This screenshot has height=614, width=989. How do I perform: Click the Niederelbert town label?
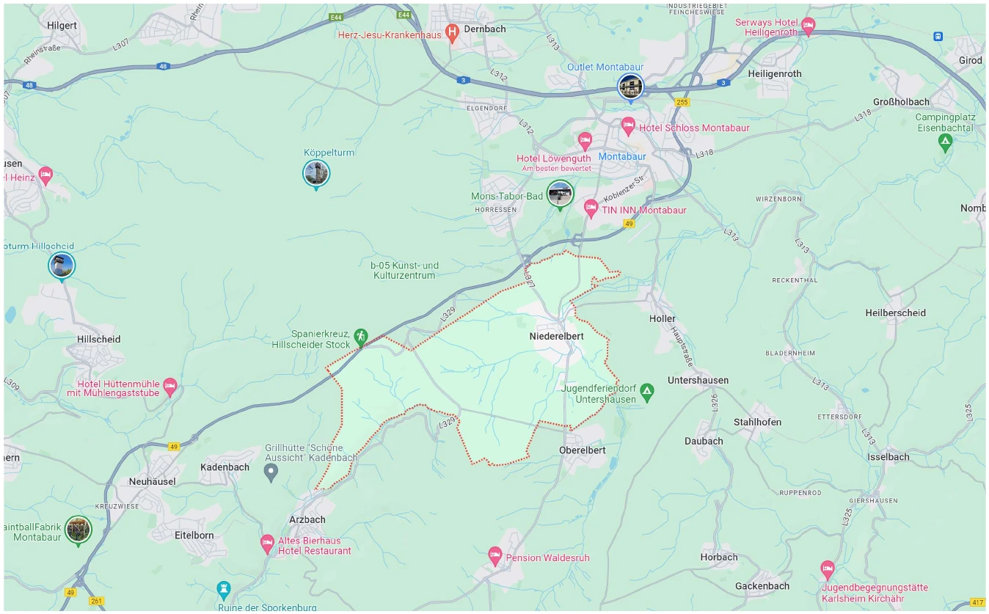pos(556,336)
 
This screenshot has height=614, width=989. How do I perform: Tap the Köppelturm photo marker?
pos(316,173)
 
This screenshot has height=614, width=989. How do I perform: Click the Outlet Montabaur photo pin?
pos(629,87)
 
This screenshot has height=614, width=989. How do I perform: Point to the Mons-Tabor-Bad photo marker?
pos(561,194)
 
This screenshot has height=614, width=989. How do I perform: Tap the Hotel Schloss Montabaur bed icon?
pos(628,127)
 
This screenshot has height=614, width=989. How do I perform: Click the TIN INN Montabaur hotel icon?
pos(591,209)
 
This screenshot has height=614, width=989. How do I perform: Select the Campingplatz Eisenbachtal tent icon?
pos(945,142)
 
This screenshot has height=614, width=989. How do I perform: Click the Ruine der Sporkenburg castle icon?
pos(225,589)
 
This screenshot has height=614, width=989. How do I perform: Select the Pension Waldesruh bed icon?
pos(495,557)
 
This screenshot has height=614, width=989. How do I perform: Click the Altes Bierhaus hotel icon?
pos(268,544)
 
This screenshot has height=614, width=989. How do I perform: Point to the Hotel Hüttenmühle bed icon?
pos(170,385)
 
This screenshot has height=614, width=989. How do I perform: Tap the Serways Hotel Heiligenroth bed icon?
pos(808,27)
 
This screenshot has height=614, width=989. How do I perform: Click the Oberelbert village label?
pos(583,450)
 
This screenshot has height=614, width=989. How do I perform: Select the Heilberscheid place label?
pos(895,313)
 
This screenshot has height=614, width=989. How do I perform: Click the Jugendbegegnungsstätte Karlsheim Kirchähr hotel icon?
pos(828,569)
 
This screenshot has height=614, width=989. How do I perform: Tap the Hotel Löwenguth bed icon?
pos(585,140)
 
